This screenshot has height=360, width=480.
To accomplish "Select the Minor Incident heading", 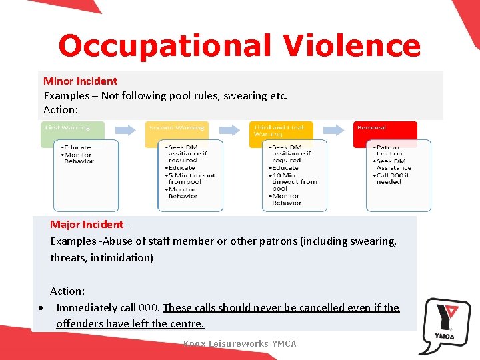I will click(80, 81).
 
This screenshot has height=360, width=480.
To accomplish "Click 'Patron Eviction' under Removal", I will click(388, 150).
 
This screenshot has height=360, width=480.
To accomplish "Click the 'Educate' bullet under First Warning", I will click(77, 147).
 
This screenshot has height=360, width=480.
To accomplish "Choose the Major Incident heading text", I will click(87, 225).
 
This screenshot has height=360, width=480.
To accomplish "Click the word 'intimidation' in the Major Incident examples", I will click(122, 257).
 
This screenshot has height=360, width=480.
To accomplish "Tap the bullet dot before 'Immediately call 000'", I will click(42, 308).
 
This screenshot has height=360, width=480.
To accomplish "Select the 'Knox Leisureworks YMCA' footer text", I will click(240, 344).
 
